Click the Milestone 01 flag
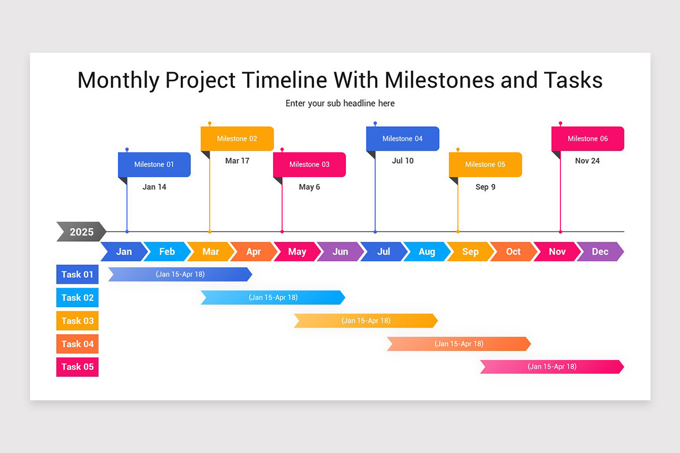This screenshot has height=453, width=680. tap(154, 165)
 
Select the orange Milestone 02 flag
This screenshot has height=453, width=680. tap(237, 139)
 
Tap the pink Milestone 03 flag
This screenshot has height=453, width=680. tap(309, 165)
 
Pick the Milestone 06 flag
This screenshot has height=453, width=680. tap(588, 139)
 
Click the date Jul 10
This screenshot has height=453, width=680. tap(403, 161)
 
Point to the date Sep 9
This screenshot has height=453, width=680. tap(485, 187)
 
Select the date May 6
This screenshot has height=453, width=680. tap(309, 187)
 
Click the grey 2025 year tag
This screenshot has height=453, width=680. tap(81, 232)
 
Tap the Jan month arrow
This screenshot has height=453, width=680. tap(124, 251)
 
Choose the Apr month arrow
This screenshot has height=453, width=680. tap(253, 251)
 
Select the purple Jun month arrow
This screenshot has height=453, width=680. tap(340, 251)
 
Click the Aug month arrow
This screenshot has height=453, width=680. tap(427, 251)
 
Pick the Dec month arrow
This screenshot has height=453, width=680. tap(600, 251)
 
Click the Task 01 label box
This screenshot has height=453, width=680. tap(78, 274)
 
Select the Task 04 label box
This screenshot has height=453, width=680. tap(78, 344)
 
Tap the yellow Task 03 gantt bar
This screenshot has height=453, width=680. tap(365, 320)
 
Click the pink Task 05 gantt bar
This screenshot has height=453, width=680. tap(552, 366)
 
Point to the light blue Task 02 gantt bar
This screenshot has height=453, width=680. tap(273, 297)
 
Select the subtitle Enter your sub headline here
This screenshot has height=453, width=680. tap(340, 103)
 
